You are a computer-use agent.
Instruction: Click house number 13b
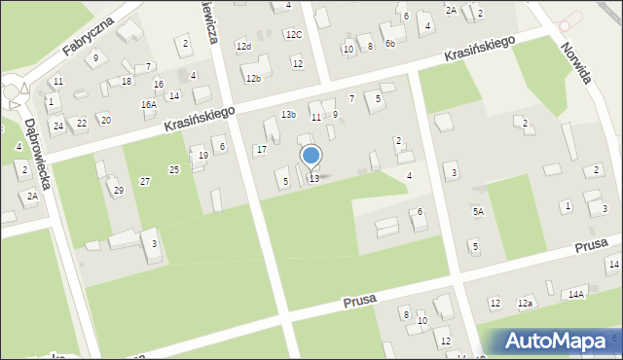[288, 115]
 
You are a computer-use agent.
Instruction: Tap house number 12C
[294, 35]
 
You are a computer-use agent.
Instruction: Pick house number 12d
[244, 47]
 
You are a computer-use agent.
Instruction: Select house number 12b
[253, 78]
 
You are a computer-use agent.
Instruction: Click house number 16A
[148, 104]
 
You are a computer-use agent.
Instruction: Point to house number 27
[145, 182]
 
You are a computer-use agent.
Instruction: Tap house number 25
[174, 170]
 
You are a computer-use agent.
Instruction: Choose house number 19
[203, 156]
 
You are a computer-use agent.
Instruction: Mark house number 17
[261, 149]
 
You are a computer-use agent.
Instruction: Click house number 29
[119, 190]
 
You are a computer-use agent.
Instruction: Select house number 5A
[478, 211]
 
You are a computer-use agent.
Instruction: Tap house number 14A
[576, 294]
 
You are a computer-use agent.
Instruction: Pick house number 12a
[526, 304]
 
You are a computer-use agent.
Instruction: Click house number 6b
[389, 43]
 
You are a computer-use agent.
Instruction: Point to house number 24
[58, 125]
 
